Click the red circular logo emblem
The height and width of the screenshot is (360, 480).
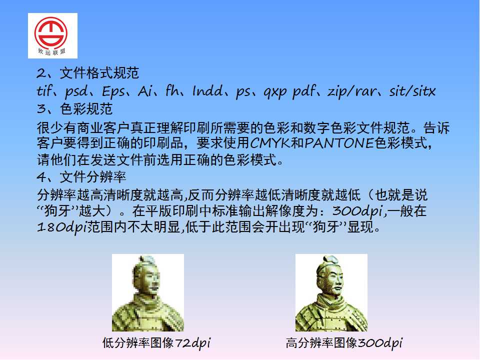[x=51, y=33]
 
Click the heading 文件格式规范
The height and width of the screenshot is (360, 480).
[x=99, y=73]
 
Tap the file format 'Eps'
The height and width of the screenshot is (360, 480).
[x=113, y=91]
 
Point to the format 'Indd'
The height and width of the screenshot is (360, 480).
[x=207, y=91]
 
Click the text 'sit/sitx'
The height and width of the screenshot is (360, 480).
[x=412, y=91]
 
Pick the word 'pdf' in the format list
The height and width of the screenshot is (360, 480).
[x=304, y=91]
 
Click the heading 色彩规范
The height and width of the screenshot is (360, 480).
[x=86, y=109]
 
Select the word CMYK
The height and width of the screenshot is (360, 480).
[x=270, y=143]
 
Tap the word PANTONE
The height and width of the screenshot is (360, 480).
[x=339, y=143]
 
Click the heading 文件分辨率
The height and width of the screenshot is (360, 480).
[x=93, y=177]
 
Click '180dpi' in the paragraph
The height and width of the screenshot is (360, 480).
[x=61, y=227]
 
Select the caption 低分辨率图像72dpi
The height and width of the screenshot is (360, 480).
[x=156, y=343]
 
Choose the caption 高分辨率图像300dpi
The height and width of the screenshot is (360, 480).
[x=344, y=343]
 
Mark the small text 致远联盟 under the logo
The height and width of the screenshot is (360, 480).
[x=51, y=51]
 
